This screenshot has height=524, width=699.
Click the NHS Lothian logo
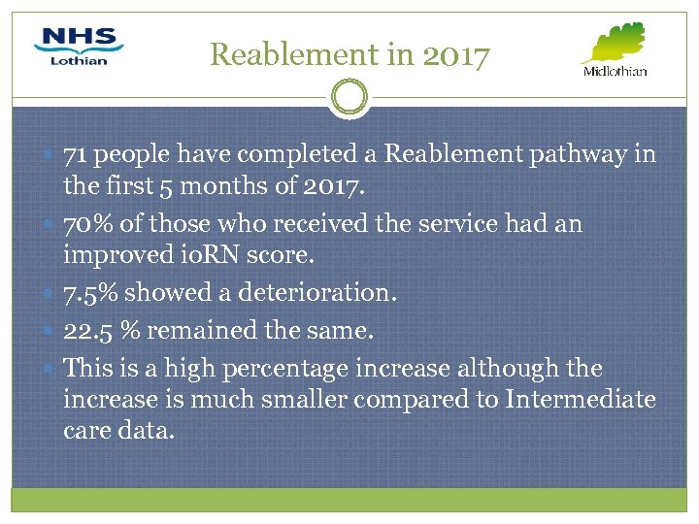click(79, 47)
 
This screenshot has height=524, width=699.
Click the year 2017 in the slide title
click(455, 55)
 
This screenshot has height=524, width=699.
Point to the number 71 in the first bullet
click(77, 154)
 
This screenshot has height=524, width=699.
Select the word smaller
click(302, 399)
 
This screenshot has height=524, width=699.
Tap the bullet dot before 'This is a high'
click(50, 369)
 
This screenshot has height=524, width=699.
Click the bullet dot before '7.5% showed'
click(50, 292)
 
